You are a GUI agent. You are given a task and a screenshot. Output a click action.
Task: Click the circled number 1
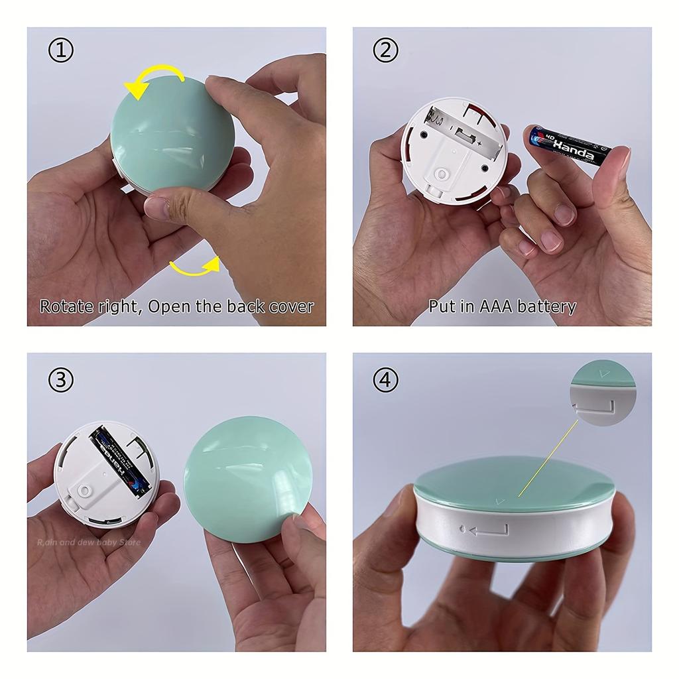pyautogui.click(x=61, y=51)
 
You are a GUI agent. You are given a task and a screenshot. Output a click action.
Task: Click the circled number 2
pyautogui.click(x=386, y=51)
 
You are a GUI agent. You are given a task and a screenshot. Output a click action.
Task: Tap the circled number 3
pyautogui.click(x=61, y=380)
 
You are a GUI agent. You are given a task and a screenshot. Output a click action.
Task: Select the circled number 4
pyautogui.click(x=386, y=380)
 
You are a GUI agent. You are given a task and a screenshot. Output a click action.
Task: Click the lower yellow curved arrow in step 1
pyautogui.click(x=196, y=267)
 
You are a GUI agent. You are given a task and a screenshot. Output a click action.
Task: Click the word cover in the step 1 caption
pyautogui.click(x=291, y=306)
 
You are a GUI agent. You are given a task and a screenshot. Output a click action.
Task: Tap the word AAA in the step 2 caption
pyautogui.click(x=492, y=306)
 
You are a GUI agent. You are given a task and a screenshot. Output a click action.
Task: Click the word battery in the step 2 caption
pyautogui.click(x=546, y=306)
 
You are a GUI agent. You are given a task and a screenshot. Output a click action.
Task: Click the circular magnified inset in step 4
pyautogui.click(x=602, y=393)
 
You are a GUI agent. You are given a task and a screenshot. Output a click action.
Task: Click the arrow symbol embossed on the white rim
pyautogui.click(x=487, y=530)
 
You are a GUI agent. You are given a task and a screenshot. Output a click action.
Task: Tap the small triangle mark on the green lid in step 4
pyautogui.click(x=500, y=502)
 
